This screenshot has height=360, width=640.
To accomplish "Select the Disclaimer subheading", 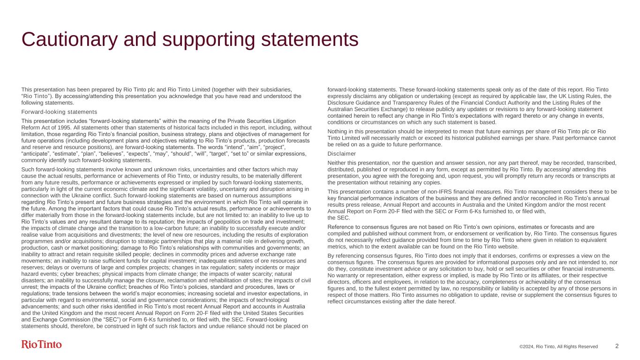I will click(x=341, y=154).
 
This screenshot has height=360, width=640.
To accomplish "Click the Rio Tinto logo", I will click(x=42, y=345).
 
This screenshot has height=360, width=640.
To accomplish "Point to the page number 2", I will click(x=617, y=346).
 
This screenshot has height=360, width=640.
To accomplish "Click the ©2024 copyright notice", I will click(x=558, y=347).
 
